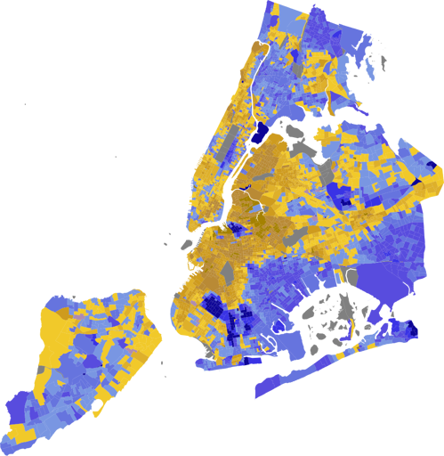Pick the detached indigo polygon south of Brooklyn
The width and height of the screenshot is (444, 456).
(x=267, y=392)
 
